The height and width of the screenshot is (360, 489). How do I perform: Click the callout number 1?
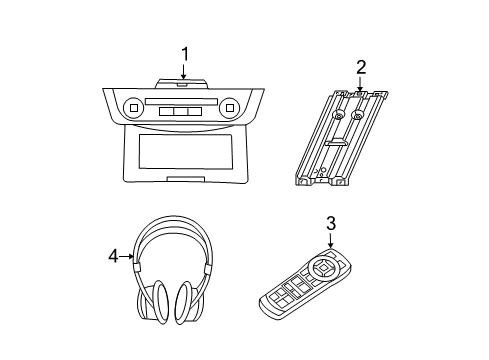pyautogui.click(x=184, y=53)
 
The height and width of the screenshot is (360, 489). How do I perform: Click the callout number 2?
pyautogui.click(x=361, y=67)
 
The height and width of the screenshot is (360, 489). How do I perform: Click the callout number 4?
pyautogui.click(x=113, y=256)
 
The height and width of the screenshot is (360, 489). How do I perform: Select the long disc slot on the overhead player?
pyautogui.click(x=181, y=100)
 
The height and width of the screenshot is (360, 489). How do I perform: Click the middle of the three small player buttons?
pyautogui.click(x=181, y=110)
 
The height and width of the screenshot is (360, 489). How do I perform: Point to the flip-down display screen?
pyautogui.click(x=182, y=153)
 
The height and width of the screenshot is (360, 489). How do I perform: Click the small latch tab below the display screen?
pyautogui.click(x=181, y=178)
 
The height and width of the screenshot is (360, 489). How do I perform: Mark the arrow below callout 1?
pyautogui.click(x=184, y=72)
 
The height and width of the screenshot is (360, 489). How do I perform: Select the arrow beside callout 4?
pyautogui.click(x=127, y=256)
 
